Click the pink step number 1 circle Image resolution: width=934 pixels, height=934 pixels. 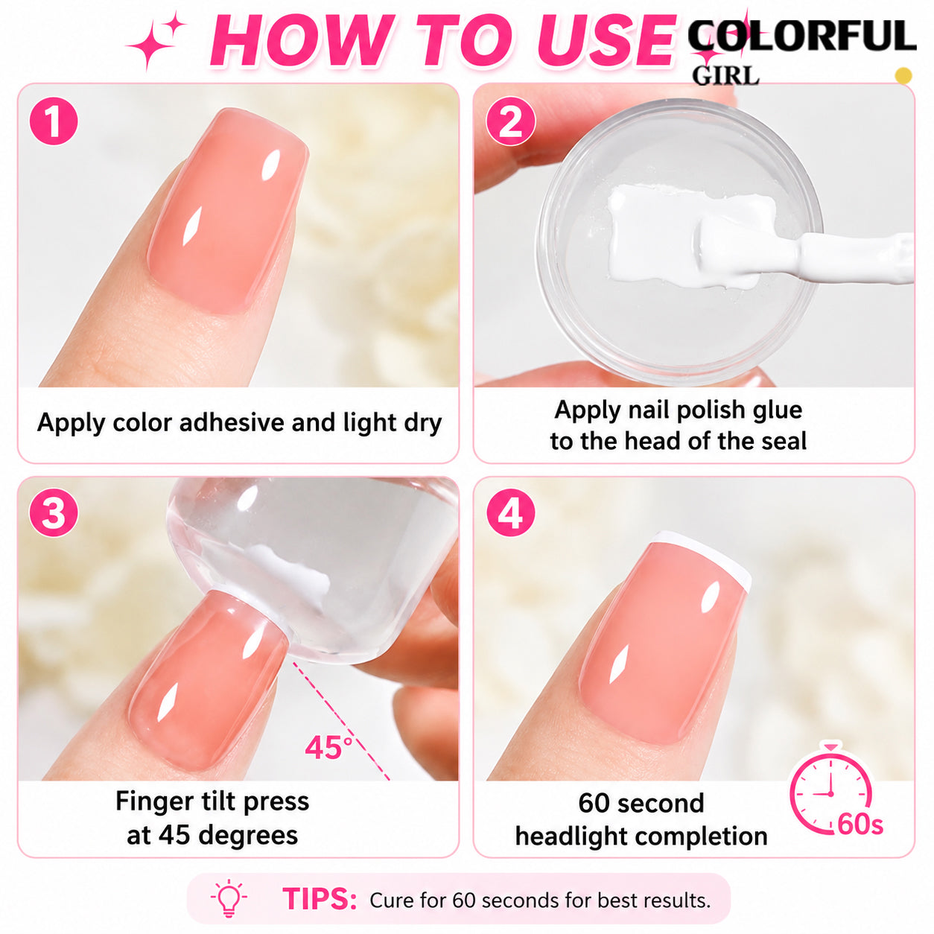pyautogui.click(x=54, y=121)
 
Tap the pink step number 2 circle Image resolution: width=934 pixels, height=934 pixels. pyautogui.click(x=510, y=121)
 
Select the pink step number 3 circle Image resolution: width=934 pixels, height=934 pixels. pyautogui.click(x=54, y=512)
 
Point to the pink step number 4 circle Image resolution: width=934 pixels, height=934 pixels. pyautogui.click(x=510, y=512)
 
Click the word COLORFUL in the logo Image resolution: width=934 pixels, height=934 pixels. pyautogui.click(x=801, y=36)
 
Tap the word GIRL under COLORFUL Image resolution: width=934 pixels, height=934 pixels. pyautogui.click(x=725, y=76)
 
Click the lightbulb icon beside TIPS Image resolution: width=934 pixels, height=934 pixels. pyautogui.click(x=229, y=898)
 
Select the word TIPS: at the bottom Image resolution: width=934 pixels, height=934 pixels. pyautogui.click(x=320, y=899)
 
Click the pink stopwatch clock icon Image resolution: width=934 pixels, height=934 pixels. pyautogui.click(x=830, y=793)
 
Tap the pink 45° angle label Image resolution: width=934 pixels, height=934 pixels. pyautogui.click(x=328, y=747)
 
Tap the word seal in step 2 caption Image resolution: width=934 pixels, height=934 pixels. pyautogui.click(x=785, y=441)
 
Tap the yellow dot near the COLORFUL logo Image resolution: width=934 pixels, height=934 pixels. pyautogui.click(x=903, y=76)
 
